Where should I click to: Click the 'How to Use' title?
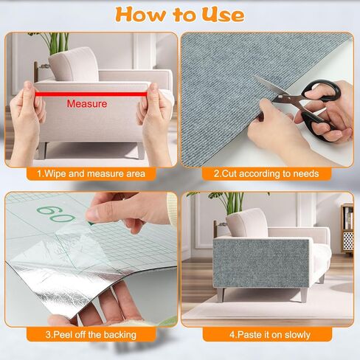pos(180,15)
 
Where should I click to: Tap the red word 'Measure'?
pos(87,104)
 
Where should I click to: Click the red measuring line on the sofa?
pos(91,94)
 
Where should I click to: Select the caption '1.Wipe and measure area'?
pos(91,174)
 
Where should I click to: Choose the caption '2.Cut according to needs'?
pos(266,173)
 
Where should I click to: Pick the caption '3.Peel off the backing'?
pos(91,335)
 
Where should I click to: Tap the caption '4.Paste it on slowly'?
pos(270,335)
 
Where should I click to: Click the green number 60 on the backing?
pos(56,213)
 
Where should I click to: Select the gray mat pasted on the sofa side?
pos(261,263)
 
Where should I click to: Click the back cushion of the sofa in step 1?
pos(74,64)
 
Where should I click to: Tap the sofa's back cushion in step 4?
pos(246,224)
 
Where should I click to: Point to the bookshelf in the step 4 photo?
pos(347,229)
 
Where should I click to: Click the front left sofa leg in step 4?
pos(221,294)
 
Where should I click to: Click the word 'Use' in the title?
pos(223,15)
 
